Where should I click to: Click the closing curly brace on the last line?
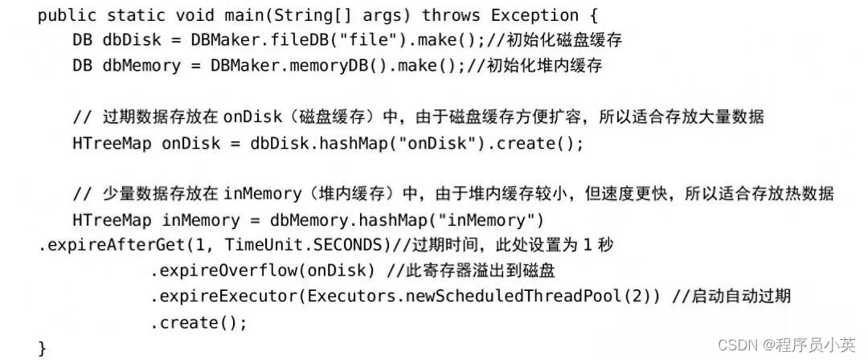click(x=43, y=347)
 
